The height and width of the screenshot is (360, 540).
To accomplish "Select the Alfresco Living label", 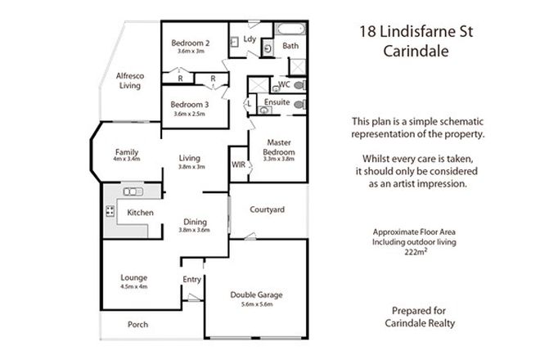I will click(x=130, y=80).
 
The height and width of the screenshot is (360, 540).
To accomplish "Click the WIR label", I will click(x=239, y=164).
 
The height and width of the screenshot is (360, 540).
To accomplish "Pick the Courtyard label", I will click(x=268, y=210).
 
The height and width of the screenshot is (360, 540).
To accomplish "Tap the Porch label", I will click(x=137, y=324).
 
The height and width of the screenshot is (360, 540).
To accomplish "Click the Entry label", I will click(x=191, y=280).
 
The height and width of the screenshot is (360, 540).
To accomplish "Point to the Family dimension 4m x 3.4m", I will click(x=128, y=159).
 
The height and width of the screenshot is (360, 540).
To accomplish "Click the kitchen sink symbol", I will click(x=133, y=192).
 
